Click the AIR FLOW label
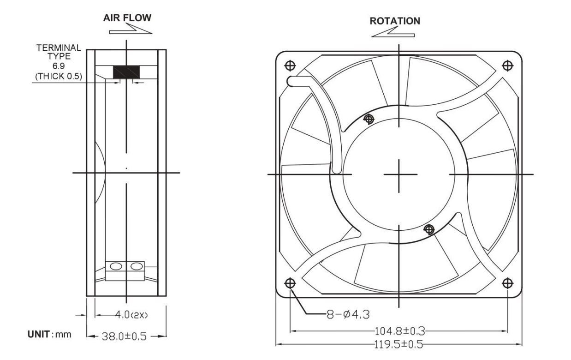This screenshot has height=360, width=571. pyautogui.click(x=127, y=18)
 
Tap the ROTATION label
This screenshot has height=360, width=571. pyautogui.click(x=395, y=21)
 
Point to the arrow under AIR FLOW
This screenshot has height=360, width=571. pyautogui.click(x=131, y=29)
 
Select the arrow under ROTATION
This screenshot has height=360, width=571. pyautogui.click(x=393, y=32)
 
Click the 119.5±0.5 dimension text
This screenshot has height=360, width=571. pyautogui.click(x=399, y=344)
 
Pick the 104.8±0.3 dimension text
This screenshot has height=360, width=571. pyautogui.click(x=400, y=331)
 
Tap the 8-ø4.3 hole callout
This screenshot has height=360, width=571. pyautogui.click(x=348, y=314)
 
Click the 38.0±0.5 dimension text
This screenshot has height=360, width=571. pyautogui.click(x=124, y=336)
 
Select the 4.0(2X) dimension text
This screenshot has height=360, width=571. pyautogui.click(x=131, y=315)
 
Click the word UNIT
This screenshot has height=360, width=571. pyautogui.click(x=39, y=334)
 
